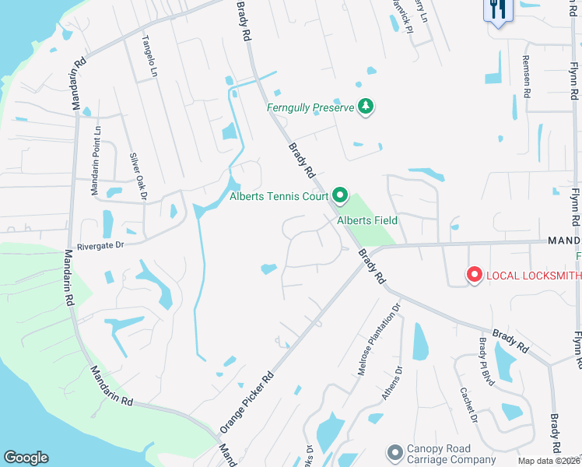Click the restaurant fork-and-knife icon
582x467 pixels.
[x=496, y=10]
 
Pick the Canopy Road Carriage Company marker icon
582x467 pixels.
[x=395, y=452]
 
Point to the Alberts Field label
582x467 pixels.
[x=367, y=220]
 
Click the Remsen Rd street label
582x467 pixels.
[x=527, y=76]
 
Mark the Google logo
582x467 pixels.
[x=26, y=458]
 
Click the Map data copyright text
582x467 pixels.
[x=549, y=461]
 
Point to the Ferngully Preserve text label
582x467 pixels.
[x=310, y=107]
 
